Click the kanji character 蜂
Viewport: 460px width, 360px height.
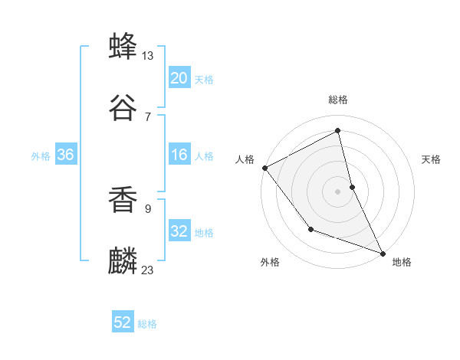click(x=123, y=47)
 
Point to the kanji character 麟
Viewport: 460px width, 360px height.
click(x=123, y=260)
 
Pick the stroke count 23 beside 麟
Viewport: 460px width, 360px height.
click(x=148, y=270)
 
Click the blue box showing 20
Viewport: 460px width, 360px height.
click(x=179, y=78)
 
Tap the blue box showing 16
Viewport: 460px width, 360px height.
click(x=179, y=155)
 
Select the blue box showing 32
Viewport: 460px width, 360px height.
click(x=179, y=231)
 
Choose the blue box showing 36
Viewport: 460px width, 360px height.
click(x=65, y=155)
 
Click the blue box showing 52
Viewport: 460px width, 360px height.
click(x=123, y=323)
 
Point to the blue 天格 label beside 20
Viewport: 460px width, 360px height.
click(x=204, y=80)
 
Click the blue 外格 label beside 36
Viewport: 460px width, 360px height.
click(x=41, y=156)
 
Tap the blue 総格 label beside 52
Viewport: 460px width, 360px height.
click(x=147, y=325)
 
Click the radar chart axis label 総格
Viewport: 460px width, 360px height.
click(x=338, y=100)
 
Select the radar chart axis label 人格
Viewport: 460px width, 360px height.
click(x=245, y=159)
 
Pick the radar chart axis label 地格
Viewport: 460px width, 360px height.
click(x=402, y=262)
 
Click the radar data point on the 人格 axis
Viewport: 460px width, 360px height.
click(x=264, y=167)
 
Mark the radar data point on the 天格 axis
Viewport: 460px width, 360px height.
click(x=352, y=186)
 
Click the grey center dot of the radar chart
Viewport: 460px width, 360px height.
click(x=338, y=191)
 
